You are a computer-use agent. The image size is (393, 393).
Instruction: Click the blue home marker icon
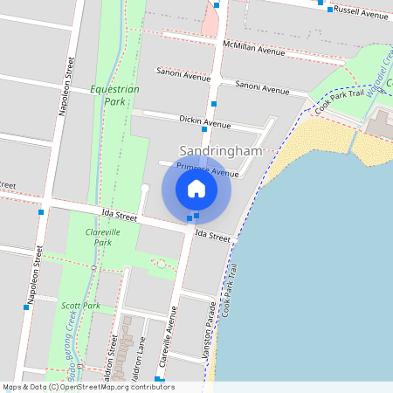click(196, 188)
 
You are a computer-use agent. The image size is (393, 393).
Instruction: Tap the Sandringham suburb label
click(221, 151)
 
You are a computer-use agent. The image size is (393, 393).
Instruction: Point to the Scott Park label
click(80, 306)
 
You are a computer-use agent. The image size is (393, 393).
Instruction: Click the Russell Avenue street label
click(361, 15)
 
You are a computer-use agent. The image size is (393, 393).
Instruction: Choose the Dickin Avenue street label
click(202, 119)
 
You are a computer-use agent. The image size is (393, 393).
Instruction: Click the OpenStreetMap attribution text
click(87, 387)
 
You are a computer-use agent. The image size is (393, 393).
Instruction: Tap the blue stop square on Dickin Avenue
click(204, 129)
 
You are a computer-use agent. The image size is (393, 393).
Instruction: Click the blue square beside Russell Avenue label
click(321, 3)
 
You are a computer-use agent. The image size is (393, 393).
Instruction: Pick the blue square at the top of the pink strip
click(217, 5)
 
